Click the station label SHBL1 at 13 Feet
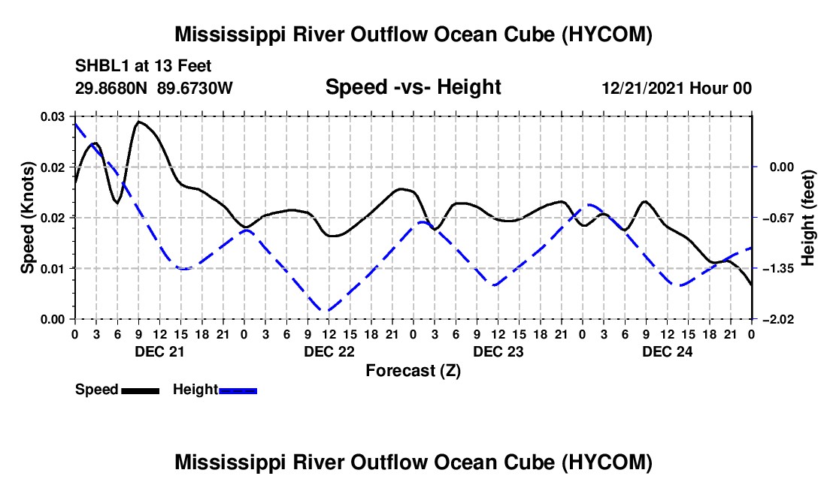(143, 66)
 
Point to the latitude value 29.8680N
(111, 88)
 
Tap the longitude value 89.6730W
(195, 88)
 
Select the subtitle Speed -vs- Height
(413, 87)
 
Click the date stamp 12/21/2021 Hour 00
(677, 88)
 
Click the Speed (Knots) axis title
(27, 218)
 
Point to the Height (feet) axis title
(807, 218)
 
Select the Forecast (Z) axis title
(413, 371)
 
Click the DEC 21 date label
(160, 351)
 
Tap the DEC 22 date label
(329, 351)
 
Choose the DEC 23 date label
(498, 351)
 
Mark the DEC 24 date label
(667, 351)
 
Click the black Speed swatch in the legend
(141, 390)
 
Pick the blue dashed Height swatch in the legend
(238, 390)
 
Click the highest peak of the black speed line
(139, 122)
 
